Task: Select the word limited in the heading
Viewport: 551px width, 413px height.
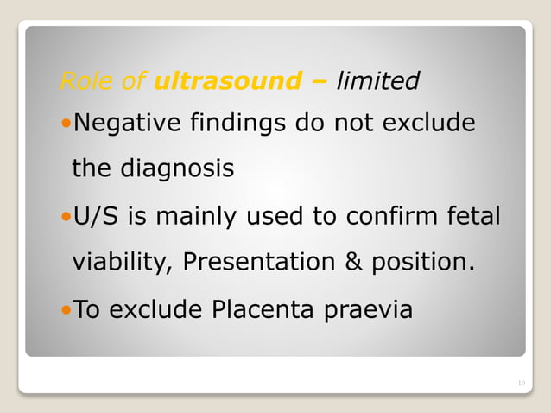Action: point(378,81)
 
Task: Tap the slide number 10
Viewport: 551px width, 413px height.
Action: point(521,383)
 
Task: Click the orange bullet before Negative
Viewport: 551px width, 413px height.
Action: point(66,124)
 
